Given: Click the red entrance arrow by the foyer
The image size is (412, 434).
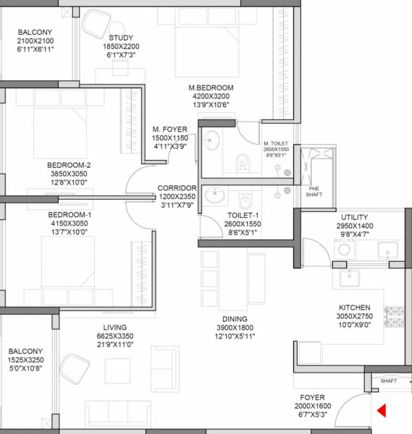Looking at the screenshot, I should (x=382, y=412).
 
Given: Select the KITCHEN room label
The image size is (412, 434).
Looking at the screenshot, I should (x=354, y=307).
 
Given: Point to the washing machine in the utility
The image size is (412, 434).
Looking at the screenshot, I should (x=342, y=249).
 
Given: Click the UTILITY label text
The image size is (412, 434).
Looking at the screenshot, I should (x=354, y=217).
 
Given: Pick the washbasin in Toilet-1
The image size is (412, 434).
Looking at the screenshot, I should (x=214, y=195).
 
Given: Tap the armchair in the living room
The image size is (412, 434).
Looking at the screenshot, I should (x=75, y=367).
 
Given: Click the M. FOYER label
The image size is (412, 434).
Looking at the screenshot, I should (x=169, y=129).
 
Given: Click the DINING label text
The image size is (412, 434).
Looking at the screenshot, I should (x=235, y=319).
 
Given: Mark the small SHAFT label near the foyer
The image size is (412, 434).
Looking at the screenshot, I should (x=389, y=380).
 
